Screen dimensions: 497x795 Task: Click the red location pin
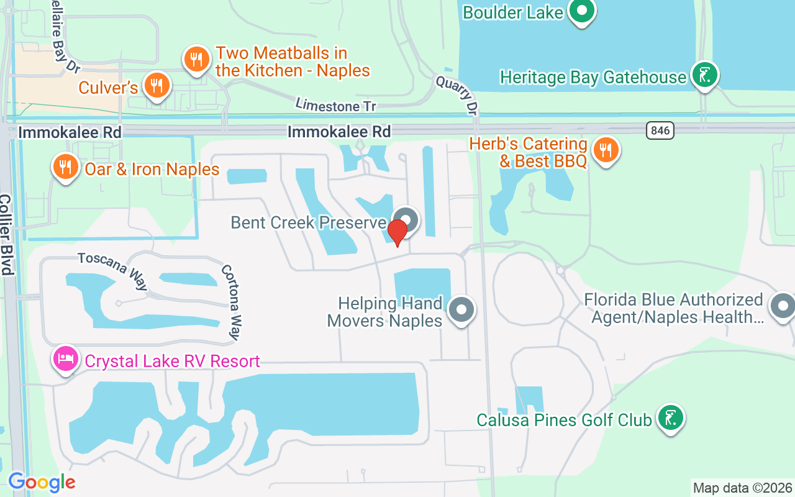[x=397, y=232]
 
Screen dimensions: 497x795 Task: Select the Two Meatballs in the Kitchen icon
[x=196, y=60]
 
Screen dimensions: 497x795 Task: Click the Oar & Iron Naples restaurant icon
[x=65, y=166]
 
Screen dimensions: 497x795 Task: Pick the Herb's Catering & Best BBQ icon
[x=605, y=150]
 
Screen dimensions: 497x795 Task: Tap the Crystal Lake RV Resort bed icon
[x=66, y=358]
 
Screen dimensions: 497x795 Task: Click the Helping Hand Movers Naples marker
[x=461, y=309]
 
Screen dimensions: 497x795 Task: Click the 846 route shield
[x=660, y=130]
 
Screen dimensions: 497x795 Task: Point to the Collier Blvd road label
[x=7, y=235]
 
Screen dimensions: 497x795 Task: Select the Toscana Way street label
[x=113, y=271]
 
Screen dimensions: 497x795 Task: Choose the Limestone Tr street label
[x=336, y=105]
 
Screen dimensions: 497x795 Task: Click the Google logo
[x=42, y=482]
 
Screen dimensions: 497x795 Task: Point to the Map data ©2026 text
[x=742, y=488]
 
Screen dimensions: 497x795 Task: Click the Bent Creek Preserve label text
[x=309, y=222]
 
